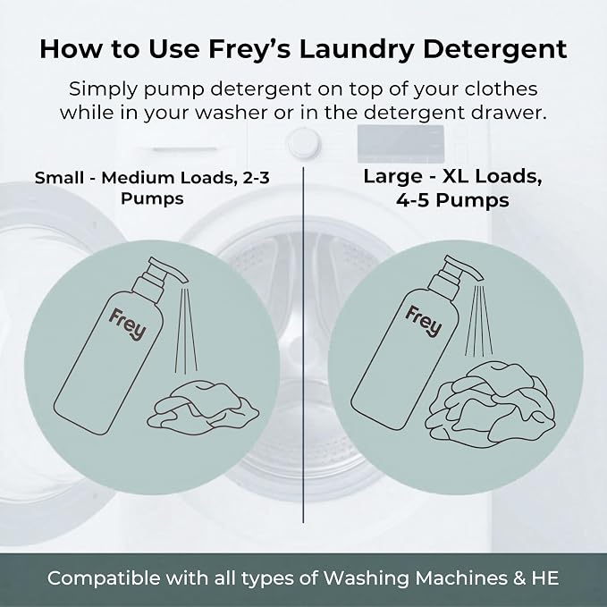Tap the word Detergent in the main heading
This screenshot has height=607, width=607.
coord(495,50)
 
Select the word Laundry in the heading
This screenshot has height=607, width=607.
coord(356,50)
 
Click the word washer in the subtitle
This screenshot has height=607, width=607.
coord(231,113)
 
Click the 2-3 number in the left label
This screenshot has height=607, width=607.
coord(256,178)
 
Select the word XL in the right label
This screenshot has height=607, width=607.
coord(456,176)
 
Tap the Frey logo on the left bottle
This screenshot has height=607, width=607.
coord(127,324)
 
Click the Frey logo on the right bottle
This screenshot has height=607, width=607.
coord(424,321)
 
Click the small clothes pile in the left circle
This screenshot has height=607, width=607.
coord(203,408)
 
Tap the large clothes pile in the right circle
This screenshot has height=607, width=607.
coord(491,402)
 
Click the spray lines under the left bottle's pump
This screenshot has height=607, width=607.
coord(186,330)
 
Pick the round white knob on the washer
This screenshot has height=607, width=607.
coord(304,143)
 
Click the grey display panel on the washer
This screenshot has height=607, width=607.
coord(400,144)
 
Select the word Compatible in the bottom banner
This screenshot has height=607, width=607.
coord(104,578)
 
